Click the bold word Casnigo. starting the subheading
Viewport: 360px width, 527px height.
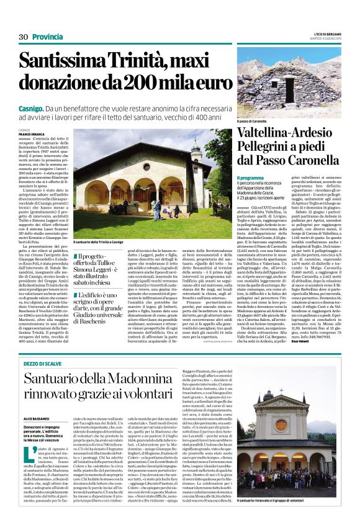coord(32,109)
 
